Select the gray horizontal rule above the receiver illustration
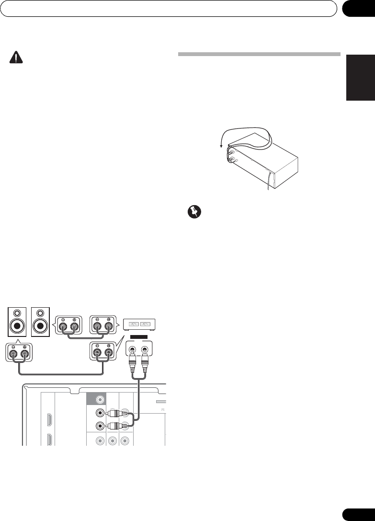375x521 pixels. [259, 54]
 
